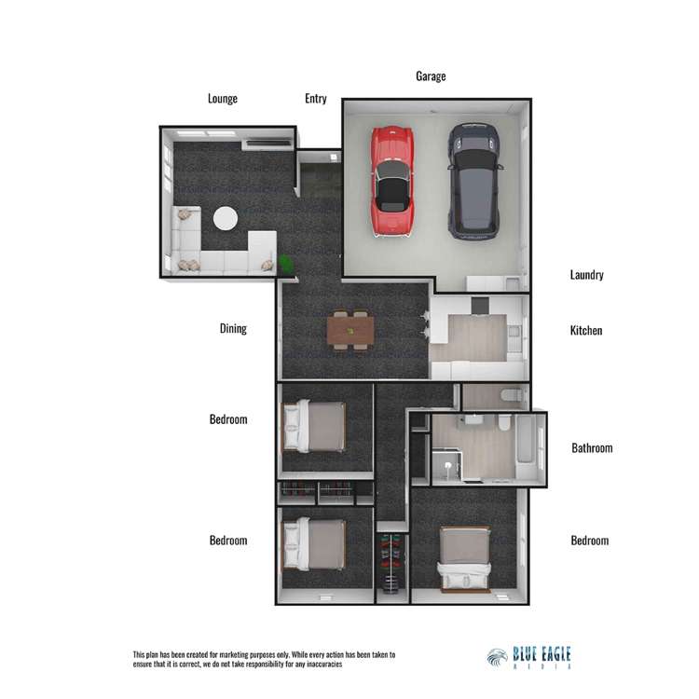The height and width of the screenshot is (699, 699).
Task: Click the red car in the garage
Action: [x=391, y=181]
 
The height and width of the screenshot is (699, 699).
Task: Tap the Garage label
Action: [x=431, y=76]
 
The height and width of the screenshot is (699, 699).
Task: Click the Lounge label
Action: [x=223, y=99]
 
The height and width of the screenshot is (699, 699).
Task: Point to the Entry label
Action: [x=316, y=99]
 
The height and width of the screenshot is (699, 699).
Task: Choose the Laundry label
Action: [x=586, y=275]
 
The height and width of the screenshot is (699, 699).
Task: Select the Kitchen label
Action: [x=586, y=330]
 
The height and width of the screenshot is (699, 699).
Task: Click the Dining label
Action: [x=233, y=329]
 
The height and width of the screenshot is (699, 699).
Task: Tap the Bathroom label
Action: [x=592, y=447]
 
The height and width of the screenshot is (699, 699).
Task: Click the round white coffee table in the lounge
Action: [x=226, y=218]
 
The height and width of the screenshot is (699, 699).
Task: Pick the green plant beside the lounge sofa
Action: [x=286, y=264]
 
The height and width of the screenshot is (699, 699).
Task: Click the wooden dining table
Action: [x=350, y=331]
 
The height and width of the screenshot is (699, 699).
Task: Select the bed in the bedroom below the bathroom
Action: [x=464, y=560]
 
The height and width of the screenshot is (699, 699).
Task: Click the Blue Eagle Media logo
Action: [x=528, y=658]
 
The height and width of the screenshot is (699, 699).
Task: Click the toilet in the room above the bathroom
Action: [x=509, y=395]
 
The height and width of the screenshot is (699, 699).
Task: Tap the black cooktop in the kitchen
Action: [x=480, y=306]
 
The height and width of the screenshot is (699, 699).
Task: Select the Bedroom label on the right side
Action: [x=589, y=541]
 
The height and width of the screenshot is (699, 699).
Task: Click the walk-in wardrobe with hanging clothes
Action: [x=391, y=563]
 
